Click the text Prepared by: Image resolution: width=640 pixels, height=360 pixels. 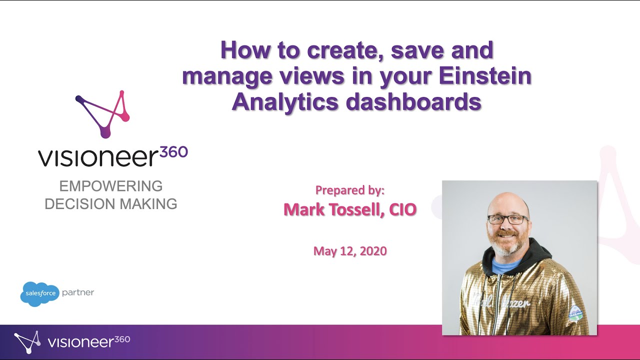pyautogui.click(x=349, y=190)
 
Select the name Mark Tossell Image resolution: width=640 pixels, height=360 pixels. pyautogui.click(x=329, y=209)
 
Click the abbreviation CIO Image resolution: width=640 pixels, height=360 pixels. pyautogui.click(x=399, y=209)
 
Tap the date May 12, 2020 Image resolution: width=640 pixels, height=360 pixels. pyautogui.click(x=350, y=250)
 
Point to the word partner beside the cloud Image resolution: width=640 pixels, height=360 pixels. pyautogui.click(x=78, y=292)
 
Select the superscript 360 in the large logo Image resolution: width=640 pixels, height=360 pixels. pyautogui.click(x=173, y=152)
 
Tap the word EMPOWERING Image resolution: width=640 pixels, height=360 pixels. pyautogui.click(x=111, y=186)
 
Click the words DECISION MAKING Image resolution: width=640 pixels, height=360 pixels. pyautogui.click(x=111, y=204)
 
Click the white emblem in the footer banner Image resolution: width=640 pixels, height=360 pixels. pyautogui.click(x=27, y=342)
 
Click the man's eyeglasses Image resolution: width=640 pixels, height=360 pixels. pyautogui.click(x=507, y=219)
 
